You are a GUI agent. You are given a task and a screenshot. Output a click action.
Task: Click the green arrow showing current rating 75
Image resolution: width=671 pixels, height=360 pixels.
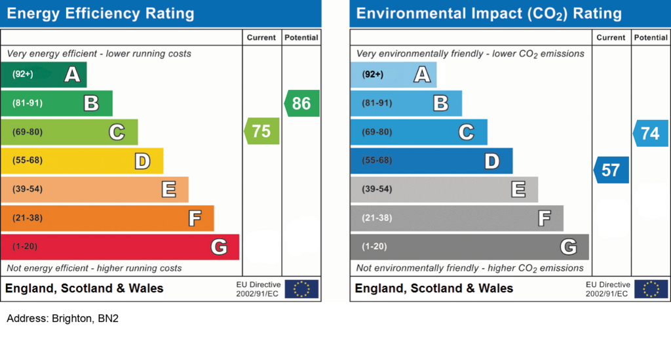pyautogui.click(x=261, y=131)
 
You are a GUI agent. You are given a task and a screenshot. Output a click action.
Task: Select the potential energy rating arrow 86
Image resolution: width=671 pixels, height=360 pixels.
pyautogui.click(x=301, y=104)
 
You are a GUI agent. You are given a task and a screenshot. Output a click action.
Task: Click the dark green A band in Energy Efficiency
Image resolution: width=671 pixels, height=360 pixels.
pyautogui.click(x=43, y=75)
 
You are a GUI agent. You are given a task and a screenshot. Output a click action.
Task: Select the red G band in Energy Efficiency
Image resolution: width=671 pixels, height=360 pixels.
pyautogui.click(x=120, y=247)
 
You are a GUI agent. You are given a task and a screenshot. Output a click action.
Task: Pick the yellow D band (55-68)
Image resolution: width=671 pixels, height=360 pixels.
pyautogui.click(x=82, y=161)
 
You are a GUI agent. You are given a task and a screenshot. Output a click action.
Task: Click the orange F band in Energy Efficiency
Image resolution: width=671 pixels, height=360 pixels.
pyautogui.click(x=107, y=218)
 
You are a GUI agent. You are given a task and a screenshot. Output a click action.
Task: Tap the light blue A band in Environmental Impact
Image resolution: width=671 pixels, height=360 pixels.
pyautogui.click(x=393, y=75)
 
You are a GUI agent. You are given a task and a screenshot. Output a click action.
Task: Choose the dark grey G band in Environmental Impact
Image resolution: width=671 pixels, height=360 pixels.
pyautogui.click(x=469, y=247)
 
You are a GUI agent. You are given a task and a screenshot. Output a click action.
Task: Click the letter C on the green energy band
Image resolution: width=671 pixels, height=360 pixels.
pyautogui.click(x=117, y=132)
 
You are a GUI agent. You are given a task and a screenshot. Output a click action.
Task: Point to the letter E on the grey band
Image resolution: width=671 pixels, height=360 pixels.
pyautogui.click(x=518, y=190)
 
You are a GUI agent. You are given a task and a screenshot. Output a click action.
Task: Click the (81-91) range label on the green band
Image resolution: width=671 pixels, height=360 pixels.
pyautogui.click(x=28, y=104)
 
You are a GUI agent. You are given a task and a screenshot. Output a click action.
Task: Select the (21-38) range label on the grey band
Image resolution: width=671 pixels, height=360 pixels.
pyautogui.click(x=377, y=218)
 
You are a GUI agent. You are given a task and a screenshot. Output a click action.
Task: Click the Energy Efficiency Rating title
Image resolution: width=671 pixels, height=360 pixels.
pyautogui.click(x=100, y=14)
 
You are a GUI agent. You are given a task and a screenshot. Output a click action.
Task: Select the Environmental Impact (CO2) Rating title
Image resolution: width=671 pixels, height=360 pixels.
pyautogui.click(x=489, y=14)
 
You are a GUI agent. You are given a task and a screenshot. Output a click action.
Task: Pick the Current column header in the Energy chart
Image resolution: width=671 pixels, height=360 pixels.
pyautogui.click(x=261, y=38)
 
